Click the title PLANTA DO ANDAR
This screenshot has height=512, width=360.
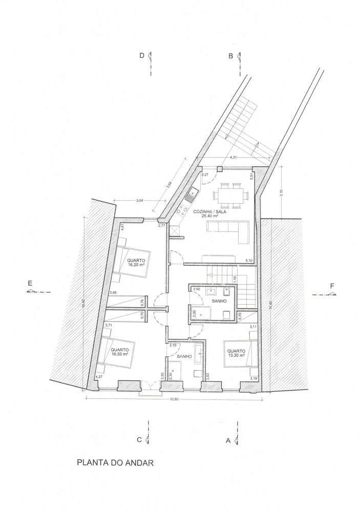(x=115, y=463)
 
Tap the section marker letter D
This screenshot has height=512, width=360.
(x=142, y=56)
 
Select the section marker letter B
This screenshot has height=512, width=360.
(x=231, y=56)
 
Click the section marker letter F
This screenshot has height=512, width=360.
(x=332, y=286)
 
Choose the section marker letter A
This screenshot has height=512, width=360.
(x=228, y=440)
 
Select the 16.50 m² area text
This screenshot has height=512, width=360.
(x=119, y=353)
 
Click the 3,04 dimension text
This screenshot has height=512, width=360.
(x=139, y=201)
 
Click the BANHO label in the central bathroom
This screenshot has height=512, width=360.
(x=219, y=309)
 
